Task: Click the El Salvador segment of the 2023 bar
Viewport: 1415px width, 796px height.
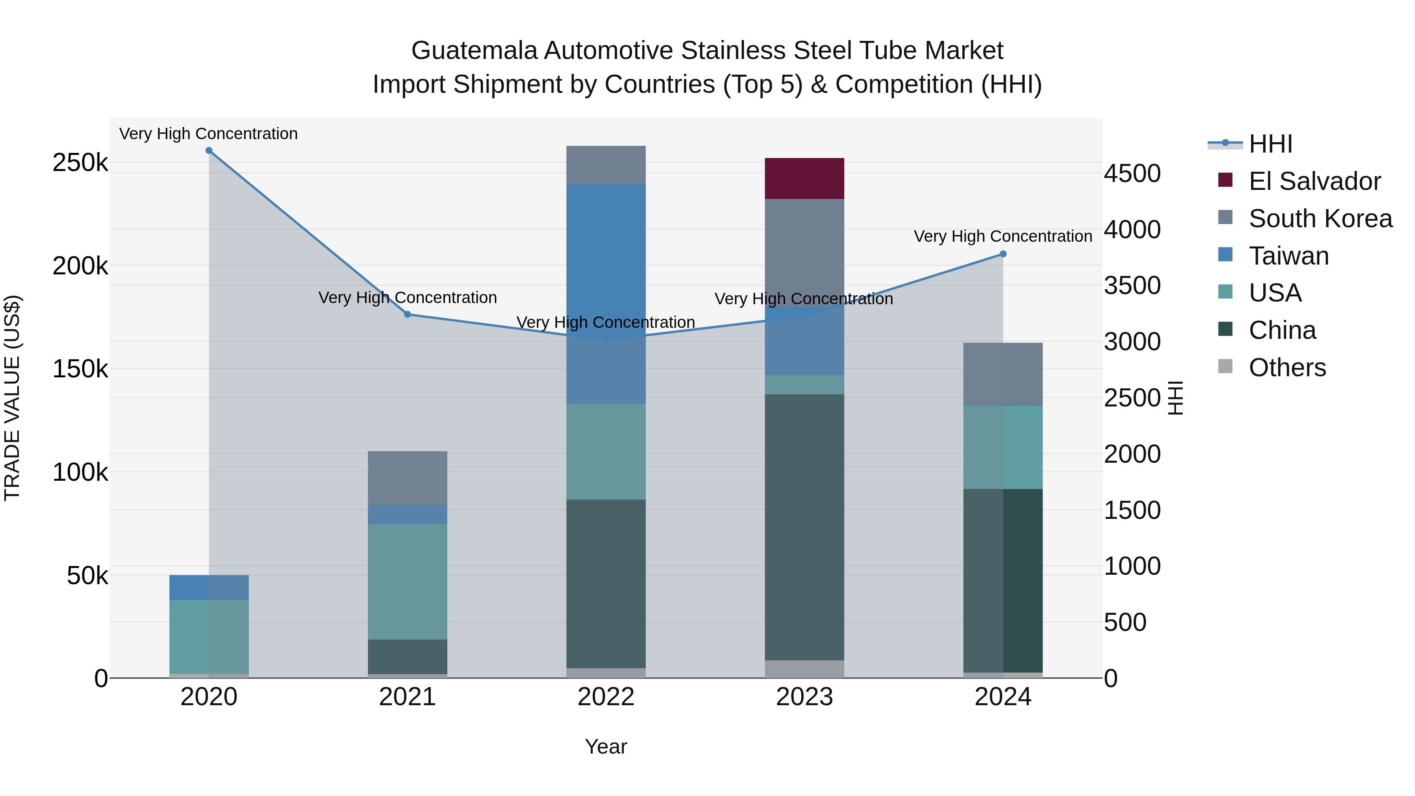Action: click(x=804, y=178)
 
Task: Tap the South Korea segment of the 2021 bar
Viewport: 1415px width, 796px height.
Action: click(x=407, y=478)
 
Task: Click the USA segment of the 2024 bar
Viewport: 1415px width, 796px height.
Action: click(x=1003, y=447)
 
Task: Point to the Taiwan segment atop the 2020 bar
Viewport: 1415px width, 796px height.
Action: click(x=209, y=587)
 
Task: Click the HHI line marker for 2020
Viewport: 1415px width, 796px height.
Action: click(x=209, y=151)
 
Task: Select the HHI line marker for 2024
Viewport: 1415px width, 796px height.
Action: click(x=1003, y=254)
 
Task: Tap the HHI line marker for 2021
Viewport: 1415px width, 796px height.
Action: click(x=407, y=314)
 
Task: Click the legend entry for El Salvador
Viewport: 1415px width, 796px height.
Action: click(x=1314, y=181)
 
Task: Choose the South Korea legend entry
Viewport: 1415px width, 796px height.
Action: click(x=1320, y=219)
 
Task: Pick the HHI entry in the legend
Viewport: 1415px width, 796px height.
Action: click(x=1270, y=144)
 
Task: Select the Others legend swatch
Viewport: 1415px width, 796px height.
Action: click(x=1225, y=366)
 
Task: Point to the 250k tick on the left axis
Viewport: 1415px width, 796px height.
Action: click(x=80, y=163)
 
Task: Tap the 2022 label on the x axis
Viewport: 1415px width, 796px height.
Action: click(x=606, y=697)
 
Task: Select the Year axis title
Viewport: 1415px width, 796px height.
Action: click(x=606, y=746)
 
